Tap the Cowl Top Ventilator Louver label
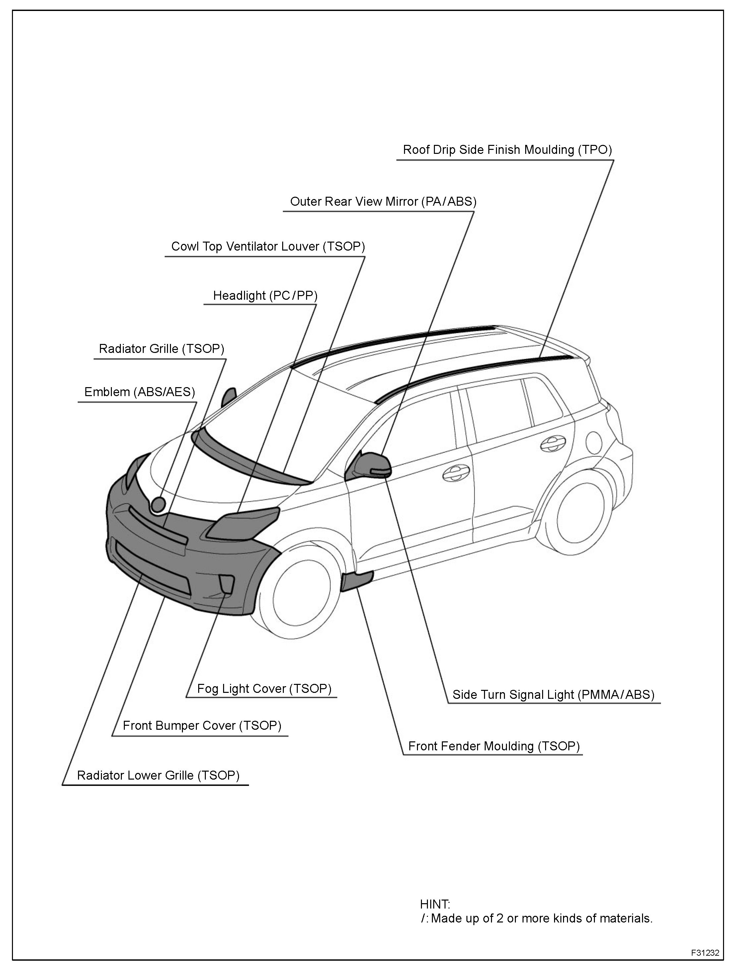pyautogui.click(x=268, y=247)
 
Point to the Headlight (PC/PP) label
pyautogui.click(x=265, y=296)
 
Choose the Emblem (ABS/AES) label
pyautogui.click(x=139, y=392)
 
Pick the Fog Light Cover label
pyautogui.click(x=264, y=689)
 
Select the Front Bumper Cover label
pyautogui.click(x=202, y=726)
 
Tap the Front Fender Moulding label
pyautogui.click(x=494, y=746)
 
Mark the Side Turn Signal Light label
pyautogui.click(x=553, y=695)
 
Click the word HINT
pyautogui.click(x=435, y=904)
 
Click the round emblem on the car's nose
pyautogui.click(x=158, y=505)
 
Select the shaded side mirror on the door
pyautogui.click(x=369, y=465)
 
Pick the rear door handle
pyautogui.click(x=553, y=444)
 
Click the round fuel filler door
pyautogui.click(x=596, y=443)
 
